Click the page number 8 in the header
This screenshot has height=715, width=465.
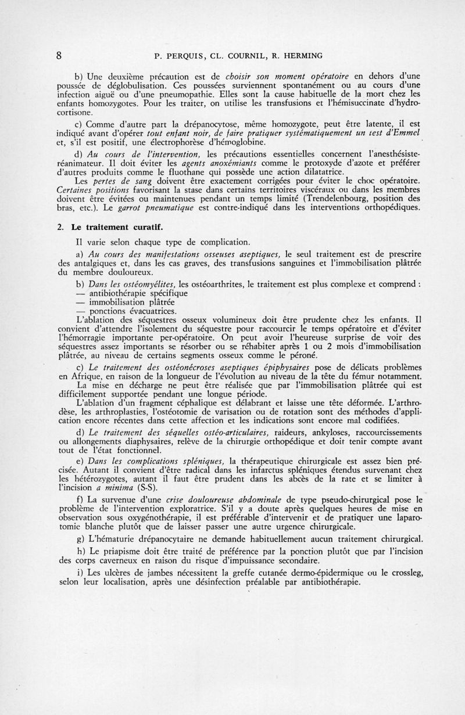click(x=59, y=56)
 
